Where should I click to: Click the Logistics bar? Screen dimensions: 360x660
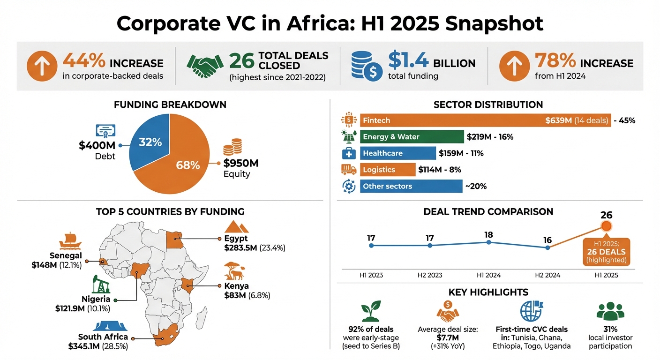[x=387, y=170]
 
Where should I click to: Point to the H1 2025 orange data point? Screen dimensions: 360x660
[x=606, y=226]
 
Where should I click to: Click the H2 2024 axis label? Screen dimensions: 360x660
[x=547, y=275]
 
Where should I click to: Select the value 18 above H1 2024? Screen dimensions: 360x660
[x=488, y=234]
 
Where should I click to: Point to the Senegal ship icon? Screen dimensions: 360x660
[x=70, y=240]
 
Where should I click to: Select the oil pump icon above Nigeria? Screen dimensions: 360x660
[x=100, y=284]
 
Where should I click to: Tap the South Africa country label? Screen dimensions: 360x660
[x=103, y=337]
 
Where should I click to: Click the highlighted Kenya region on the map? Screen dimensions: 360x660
[x=188, y=285]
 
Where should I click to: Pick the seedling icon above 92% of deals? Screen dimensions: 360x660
[x=370, y=311]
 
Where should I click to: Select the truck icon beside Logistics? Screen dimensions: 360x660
[x=349, y=170]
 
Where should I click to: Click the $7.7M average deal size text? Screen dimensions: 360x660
[x=448, y=337]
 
